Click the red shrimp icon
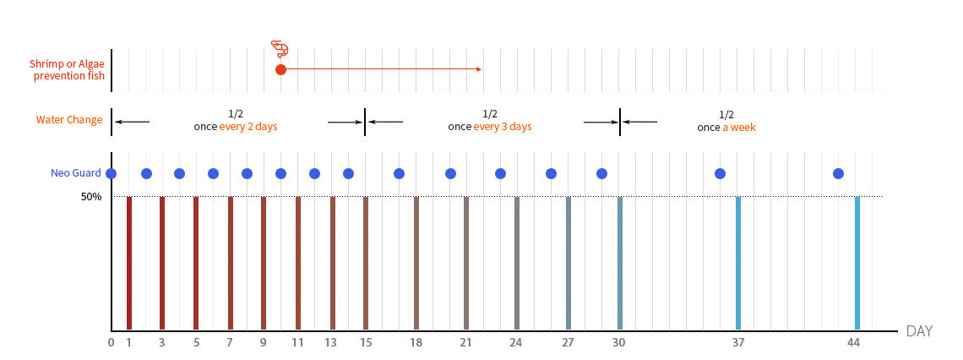pos(280,49)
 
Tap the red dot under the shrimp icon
pos(280,69)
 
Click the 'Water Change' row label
pos(69,120)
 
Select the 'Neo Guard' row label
pos(76,174)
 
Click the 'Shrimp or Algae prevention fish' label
pos(68,70)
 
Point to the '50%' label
pos(91,197)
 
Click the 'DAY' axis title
pos(919,331)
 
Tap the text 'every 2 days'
pos(248,127)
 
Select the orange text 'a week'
pos(739,128)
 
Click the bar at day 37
pos(738,263)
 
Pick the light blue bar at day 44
pos(857,263)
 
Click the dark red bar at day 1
pos(128,263)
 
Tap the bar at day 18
pos(416,263)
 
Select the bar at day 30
pos(619,263)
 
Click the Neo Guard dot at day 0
pos(112,173)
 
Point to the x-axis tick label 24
pos(515,343)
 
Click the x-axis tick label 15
pos(365,343)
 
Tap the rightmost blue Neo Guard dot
pos(838,173)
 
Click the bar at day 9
pos(264,263)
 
